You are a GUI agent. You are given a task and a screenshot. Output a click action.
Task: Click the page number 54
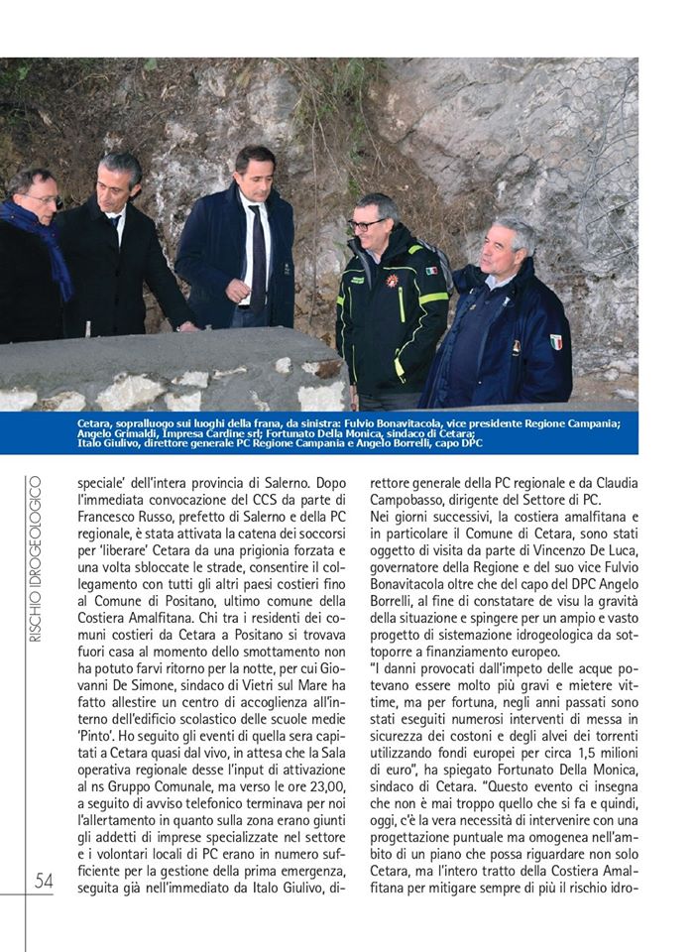(44, 881)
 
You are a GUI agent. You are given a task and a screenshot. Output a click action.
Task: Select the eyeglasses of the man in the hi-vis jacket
(369, 224)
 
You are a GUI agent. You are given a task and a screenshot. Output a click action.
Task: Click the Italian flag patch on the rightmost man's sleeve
(556, 342)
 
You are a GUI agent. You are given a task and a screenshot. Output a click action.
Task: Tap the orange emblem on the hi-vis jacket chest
(392, 282)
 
